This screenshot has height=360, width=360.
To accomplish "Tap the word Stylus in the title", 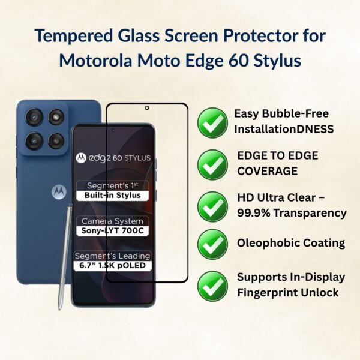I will point(273,62).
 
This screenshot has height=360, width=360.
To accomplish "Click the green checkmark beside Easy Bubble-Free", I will point(212,122).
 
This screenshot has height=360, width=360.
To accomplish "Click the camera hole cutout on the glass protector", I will point(147,109).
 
